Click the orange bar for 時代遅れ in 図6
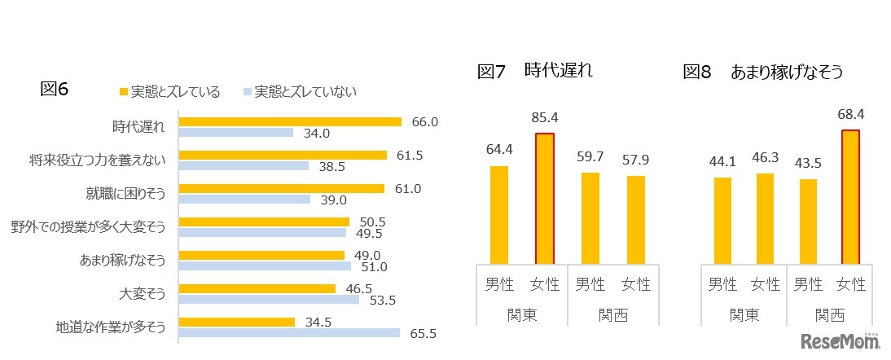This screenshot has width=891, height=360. coord(289,121)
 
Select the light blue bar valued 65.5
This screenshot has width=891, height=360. coord(289,332)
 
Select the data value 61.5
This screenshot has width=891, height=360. coord(410,155)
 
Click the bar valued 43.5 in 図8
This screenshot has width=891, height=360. coord(806,221)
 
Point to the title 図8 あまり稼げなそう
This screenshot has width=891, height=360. coord(762,72)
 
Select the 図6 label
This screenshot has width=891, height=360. coord(54,90)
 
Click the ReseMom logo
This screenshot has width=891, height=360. coord(841,340)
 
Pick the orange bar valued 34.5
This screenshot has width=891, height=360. coord(236,322)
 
